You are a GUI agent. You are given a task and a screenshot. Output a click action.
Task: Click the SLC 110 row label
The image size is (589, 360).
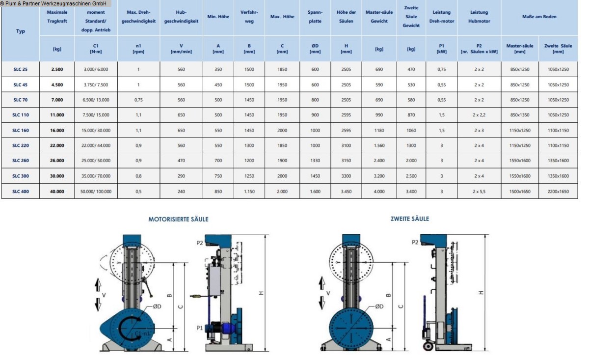[21, 115]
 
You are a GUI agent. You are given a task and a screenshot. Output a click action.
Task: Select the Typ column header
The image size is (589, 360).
[21, 31]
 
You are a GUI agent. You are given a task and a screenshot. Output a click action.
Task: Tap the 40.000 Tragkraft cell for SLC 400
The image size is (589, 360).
[57, 192]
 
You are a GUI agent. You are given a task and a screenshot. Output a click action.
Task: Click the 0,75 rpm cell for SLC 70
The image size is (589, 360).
[138, 100]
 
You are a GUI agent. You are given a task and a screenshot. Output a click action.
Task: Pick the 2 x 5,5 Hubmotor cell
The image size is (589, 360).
[479, 192]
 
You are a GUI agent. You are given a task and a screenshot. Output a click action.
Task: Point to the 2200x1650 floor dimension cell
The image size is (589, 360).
[558, 192]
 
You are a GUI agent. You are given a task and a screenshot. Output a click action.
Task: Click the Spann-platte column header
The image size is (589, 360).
[315, 17]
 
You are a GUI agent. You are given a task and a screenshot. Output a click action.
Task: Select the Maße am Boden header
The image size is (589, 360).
[539, 17]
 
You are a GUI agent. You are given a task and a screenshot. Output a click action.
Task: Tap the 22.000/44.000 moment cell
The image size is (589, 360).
[96, 145]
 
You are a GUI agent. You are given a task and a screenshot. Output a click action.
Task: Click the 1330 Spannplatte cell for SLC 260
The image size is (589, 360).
[315, 161]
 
